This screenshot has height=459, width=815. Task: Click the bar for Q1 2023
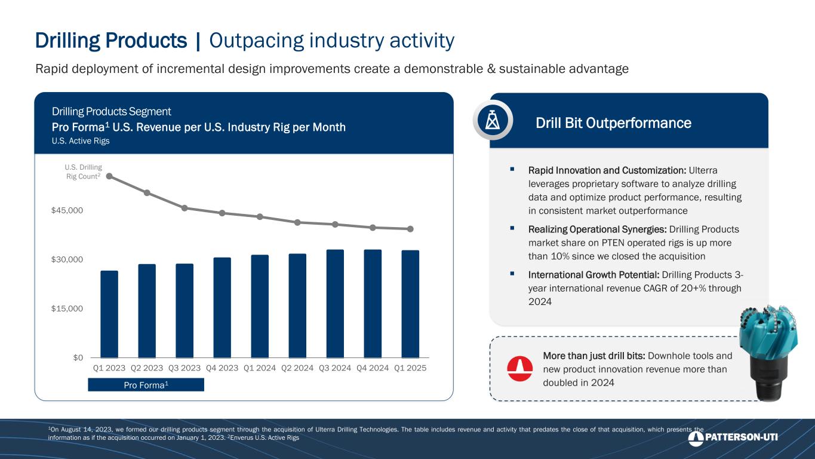pyautogui.click(x=109, y=314)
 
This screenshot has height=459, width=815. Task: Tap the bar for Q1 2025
pyautogui.click(x=410, y=304)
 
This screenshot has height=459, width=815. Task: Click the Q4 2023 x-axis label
pyautogui.click(x=222, y=368)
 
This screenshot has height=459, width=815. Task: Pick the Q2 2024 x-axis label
pyautogui.click(x=297, y=368)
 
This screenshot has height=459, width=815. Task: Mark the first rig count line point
pyautogui.click(x=109, y=176)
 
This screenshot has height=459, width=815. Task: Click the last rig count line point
pyautogui.click(x=410, y=229)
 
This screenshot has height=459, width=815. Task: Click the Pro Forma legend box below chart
pyautogui.click(x=146, y=385)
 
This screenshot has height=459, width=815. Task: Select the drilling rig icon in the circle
pyautogui.click(x=493, y=120)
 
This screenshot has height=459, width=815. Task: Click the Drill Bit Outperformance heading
pyautogui.click(x=613, y=123)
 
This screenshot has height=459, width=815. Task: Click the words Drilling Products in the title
pyautogui.click(x=111, y=41)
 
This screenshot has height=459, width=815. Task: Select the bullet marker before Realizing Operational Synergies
pyautogui.click(x=512, y=228)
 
